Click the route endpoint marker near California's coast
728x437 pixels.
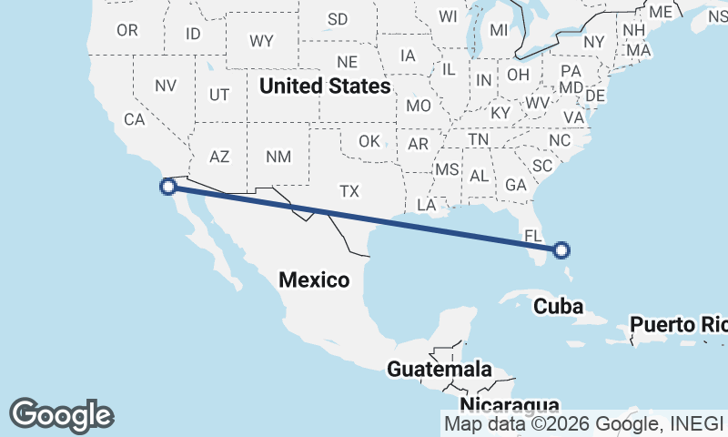click(x=167, y=187)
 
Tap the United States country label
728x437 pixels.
click(x=325, y=86)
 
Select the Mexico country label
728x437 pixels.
click(x=314, y=279)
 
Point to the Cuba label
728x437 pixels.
click(x=558, y=306)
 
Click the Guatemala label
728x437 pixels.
click(x=440, y=370)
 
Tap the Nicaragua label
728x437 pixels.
click(x=509, y=404)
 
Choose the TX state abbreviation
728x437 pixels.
click(x=349, y=191)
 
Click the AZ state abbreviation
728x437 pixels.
click(x=219, y=157)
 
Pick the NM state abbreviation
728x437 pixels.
click(x=278, y=157)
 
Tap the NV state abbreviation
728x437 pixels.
click(x=165, y=86)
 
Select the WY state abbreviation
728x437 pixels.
click(x=262, y=41)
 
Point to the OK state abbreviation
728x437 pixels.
click(x=369, y=141)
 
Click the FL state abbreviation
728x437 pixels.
click(x=533, y=236)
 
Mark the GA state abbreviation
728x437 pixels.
click(x=516, y=185)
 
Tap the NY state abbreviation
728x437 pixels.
click(x=593, y=42)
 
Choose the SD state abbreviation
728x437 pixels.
click(x=338, y=19)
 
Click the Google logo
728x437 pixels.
click(x=61, y=414)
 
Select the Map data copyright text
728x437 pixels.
click(x=583, y=423)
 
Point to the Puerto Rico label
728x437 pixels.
click(x=678, y=324)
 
